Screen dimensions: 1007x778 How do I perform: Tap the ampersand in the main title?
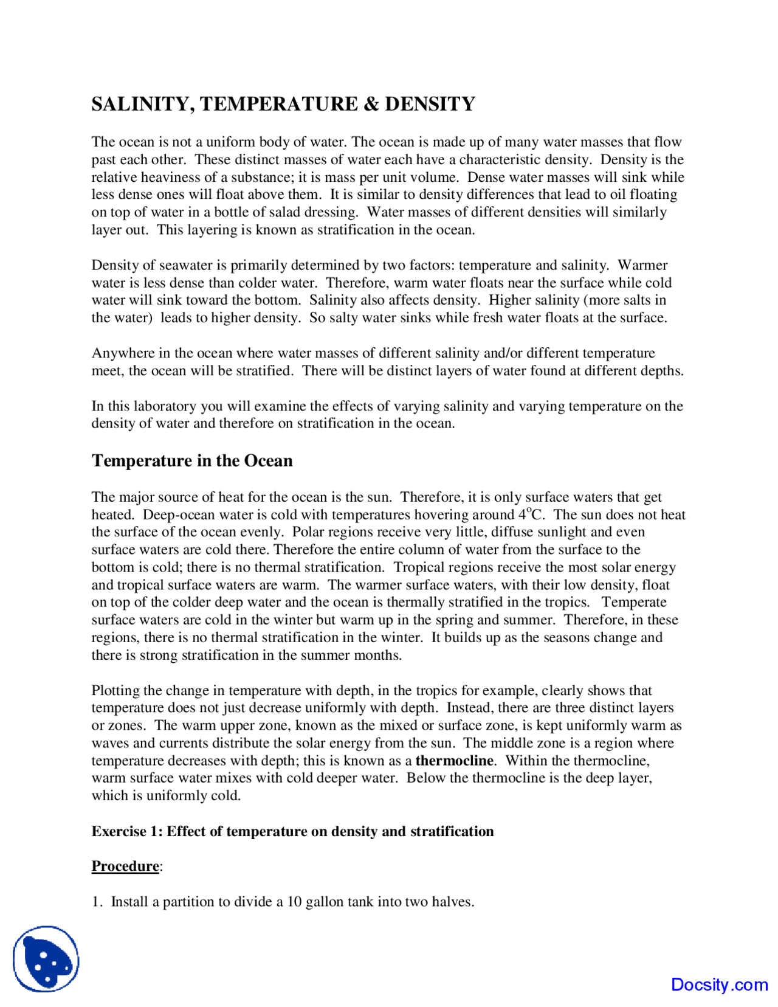pos(371,104)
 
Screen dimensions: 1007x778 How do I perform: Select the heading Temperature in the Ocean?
pos(192,461)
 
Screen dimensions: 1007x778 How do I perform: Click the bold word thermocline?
pos(454,761)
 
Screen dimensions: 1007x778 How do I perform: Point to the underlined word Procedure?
pos(125,866)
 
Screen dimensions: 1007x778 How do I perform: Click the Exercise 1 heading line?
pos(292,831)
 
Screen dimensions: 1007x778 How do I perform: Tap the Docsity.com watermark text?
pos(719,985)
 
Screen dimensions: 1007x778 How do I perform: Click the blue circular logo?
pos(46,959)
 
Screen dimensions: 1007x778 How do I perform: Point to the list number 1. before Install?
pos(97,901)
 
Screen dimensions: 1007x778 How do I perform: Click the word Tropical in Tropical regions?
pos(418,567)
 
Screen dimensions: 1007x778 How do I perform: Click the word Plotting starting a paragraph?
pos(114,691)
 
